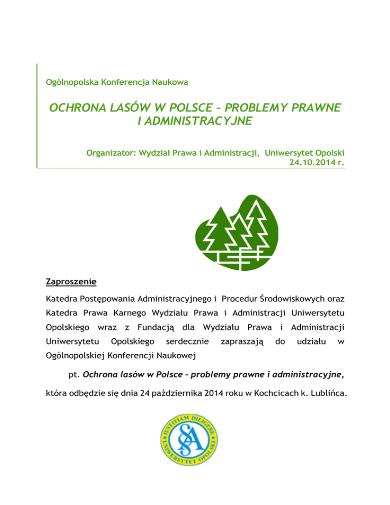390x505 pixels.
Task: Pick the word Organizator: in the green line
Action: tap(108, 151)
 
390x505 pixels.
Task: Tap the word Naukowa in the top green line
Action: tap(172, 81)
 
